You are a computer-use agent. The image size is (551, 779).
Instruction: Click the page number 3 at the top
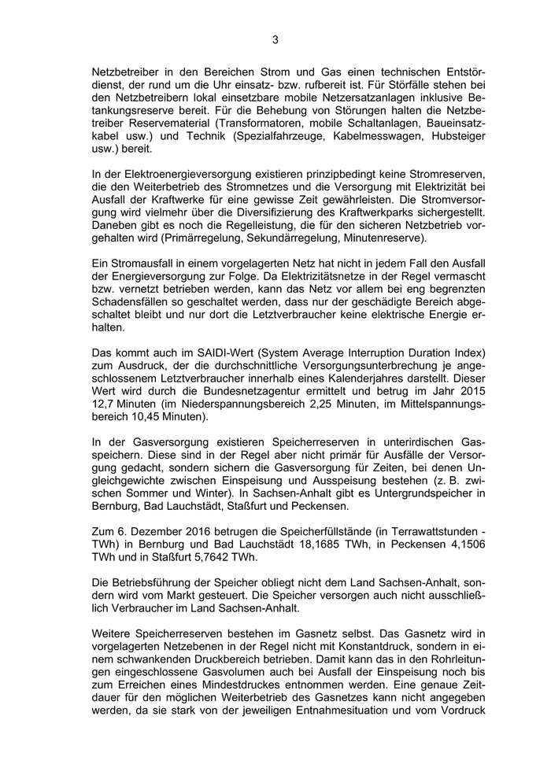pyautogui.click(x=275, y=40)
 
